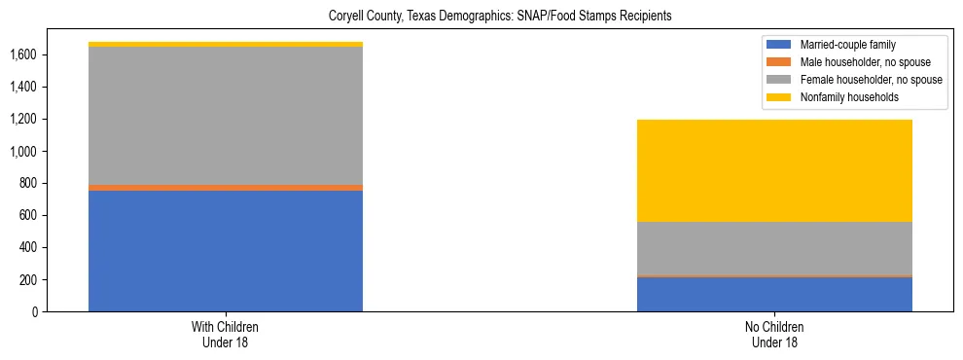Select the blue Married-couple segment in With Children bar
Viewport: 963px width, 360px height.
226,250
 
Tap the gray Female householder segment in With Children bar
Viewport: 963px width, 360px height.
226,115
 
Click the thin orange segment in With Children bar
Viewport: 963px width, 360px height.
226,188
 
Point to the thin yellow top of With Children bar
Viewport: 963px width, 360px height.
226,44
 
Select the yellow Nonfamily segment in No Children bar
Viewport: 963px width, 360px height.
774,170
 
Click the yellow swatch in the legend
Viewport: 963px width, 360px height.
779,97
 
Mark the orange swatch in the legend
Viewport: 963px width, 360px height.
779,62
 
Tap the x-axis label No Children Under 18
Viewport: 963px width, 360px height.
774,334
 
